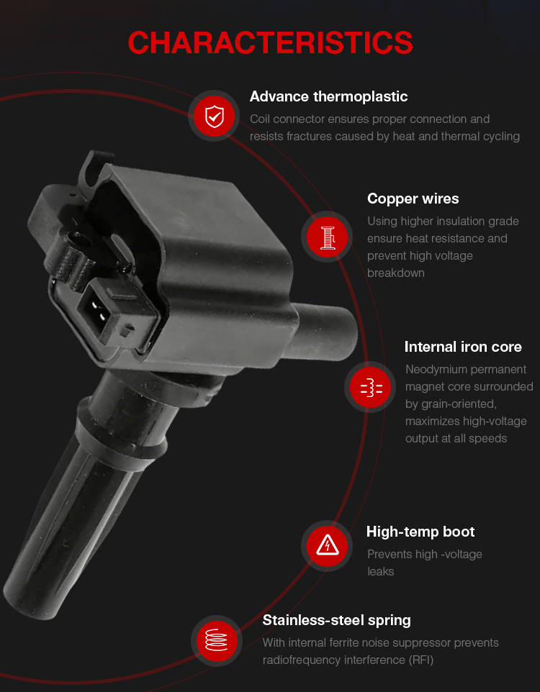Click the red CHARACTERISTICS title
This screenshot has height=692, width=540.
[270, 42]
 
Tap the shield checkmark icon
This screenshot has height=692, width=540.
[215, 116]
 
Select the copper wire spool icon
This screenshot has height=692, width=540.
[327, 237]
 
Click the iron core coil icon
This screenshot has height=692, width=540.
[371, 387]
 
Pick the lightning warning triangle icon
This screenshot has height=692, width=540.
[327, 546]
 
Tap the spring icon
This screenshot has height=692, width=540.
[217, 641]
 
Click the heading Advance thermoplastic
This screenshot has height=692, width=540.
[328, 96]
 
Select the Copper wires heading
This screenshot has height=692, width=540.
[413, 199]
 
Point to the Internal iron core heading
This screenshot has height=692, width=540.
[463, 347]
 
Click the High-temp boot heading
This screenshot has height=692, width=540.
[420, 532]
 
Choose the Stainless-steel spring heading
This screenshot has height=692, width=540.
[336, 621]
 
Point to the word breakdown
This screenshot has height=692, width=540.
[395, 273]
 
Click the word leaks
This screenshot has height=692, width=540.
[380, 572]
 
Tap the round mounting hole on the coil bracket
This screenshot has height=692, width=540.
[77, 240]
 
